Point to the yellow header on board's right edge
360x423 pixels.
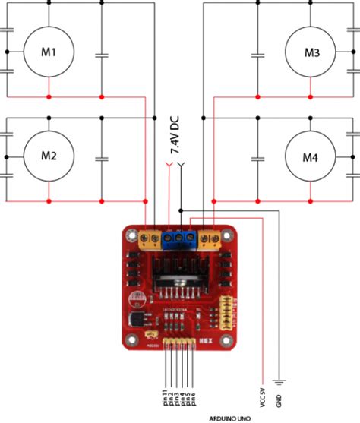click(x=224, y=311)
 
